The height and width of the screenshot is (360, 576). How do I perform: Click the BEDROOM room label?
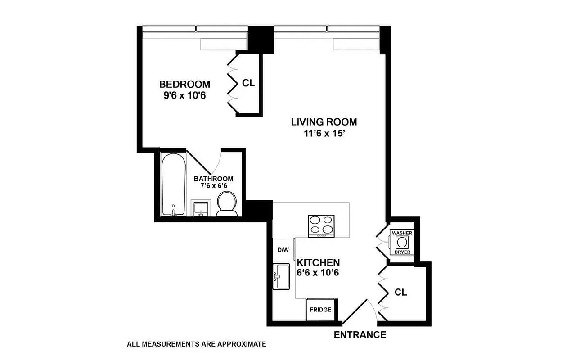184,84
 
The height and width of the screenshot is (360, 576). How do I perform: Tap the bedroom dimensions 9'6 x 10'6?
184,95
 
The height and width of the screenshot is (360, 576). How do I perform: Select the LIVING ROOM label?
324,121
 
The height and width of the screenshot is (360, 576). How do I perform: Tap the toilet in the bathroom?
228,203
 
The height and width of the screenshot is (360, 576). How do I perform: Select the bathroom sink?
200,208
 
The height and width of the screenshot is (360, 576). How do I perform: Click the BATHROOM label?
213,179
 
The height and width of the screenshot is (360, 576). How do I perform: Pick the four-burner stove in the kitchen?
321,225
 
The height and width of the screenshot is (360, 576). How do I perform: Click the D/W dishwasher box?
283,250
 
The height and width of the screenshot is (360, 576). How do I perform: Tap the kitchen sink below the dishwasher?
283,276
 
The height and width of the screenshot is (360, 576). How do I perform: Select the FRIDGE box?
320,310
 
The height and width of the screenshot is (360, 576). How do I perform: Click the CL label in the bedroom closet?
248,83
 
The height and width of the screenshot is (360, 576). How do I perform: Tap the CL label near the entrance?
400,292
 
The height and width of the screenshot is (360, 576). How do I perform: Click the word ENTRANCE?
360,335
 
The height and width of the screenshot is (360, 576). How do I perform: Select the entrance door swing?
360,310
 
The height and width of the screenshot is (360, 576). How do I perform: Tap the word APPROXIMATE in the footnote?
242,344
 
